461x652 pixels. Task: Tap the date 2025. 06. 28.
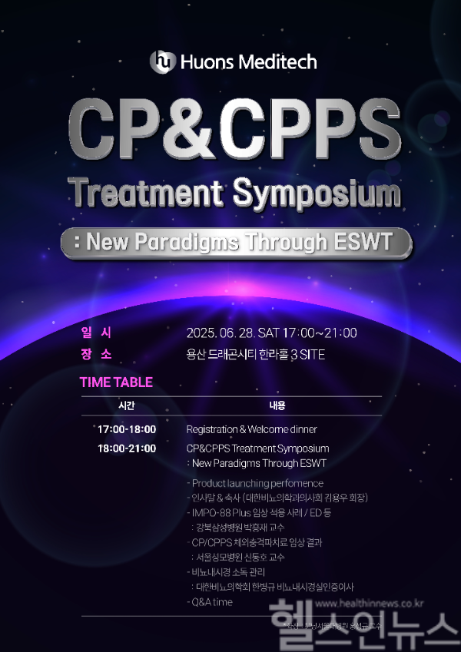(221, 333)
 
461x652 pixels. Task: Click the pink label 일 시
(96, 333)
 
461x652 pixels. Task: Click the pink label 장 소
(96, 354)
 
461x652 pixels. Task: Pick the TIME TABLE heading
(116, 382)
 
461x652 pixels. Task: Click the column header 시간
(126, 405)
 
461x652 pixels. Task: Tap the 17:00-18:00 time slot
(127, 429)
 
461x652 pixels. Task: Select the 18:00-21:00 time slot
(127, 448)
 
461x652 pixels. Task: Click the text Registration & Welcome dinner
(251, 429)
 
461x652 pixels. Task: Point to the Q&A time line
(210, 602)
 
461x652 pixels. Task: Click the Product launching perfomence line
(255, 483)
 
